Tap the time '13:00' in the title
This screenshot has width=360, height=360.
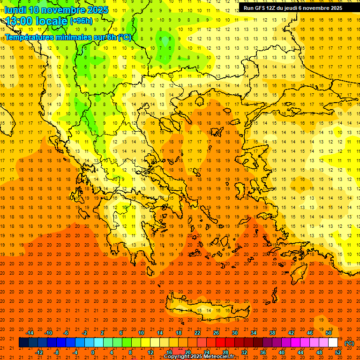coord(19,21)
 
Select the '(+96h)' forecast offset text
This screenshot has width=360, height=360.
coord(81,21)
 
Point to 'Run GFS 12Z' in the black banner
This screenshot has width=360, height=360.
coord(259,8)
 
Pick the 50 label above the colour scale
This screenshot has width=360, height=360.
coord(329,332)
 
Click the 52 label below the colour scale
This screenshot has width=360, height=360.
coord(338,352)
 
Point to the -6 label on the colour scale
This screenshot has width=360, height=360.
coord(66,332)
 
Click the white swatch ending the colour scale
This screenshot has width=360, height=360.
coord(333,343)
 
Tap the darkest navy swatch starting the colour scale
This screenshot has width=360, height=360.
coord(23,343)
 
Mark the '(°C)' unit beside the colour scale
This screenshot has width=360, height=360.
coord(349,343)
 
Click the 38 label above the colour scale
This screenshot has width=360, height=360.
coord(272,332)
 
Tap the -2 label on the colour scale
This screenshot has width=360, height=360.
coord(85,332)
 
